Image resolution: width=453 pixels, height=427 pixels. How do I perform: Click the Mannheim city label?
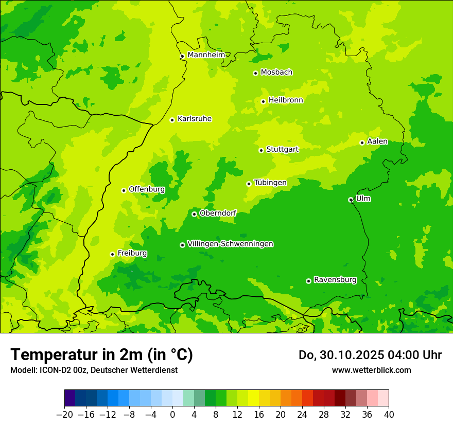click(x=206, y=55)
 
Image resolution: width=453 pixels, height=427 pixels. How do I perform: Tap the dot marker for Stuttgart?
click(x=262, y=150)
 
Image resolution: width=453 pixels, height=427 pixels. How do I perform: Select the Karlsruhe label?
click(x=195, y=119)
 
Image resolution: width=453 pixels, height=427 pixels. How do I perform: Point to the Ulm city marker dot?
click(x=351, y=200)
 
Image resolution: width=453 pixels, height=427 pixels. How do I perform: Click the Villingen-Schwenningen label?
click(x=230, y=244)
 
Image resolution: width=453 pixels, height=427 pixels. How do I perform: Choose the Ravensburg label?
click(x=335, y=280)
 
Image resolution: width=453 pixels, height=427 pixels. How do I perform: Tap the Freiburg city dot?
click(x=112, y=254)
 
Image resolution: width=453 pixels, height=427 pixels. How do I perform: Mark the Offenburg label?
click(x=147, y=189)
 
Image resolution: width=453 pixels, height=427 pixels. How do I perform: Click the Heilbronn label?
click(x=286, y=100)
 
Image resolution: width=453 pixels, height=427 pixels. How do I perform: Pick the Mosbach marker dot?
click(x=255, y=73)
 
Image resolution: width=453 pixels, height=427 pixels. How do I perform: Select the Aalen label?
click(x=377, y=141)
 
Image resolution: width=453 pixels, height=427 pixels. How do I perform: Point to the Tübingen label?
click(x=270, y=183)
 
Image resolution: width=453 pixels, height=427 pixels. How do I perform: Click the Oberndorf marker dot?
click(x=194, y=214)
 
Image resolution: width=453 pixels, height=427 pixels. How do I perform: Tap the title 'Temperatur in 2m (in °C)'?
click(x=101, y=354)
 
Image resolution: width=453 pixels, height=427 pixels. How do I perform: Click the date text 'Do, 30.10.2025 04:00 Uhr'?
click(x=370, y=355)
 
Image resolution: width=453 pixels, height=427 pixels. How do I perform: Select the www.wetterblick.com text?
click(x=371, y=370)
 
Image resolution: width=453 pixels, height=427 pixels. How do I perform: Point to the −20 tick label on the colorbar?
click(x=64, y=415)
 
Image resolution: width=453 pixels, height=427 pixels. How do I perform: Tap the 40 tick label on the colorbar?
click(x=389, y=415)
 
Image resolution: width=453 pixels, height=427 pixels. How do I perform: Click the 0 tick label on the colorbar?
click(x=172, y=415)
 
